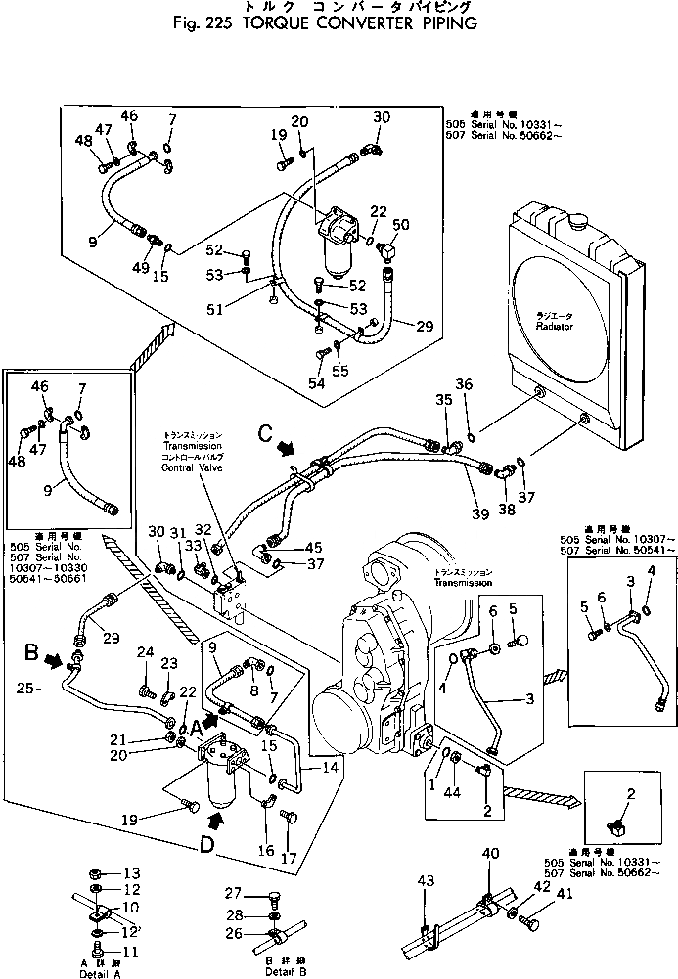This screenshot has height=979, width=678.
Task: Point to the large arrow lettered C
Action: tap(286, 447)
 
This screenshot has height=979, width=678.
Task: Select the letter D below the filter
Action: tap(205, 844)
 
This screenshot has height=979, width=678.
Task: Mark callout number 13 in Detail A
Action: tap(132, 872)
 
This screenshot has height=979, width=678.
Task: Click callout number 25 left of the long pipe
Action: tap(26, 689)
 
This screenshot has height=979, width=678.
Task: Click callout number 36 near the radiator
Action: tap(464, 383)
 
